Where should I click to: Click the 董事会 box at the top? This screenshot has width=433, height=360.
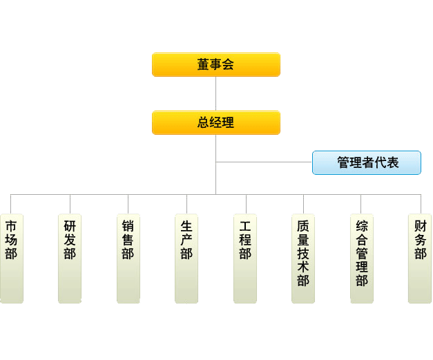click(215, 64)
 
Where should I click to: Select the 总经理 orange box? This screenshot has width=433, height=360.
click(215, 122)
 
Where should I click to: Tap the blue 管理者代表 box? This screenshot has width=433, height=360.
click(366, 162)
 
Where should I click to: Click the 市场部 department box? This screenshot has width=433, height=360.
click(11, 258)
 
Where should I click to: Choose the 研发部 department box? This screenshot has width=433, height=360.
click(70, 258)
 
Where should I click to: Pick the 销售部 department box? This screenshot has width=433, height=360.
click(128, 258)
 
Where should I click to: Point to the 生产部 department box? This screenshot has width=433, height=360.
click(186, 258)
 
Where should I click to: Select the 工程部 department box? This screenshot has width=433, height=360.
click(245, 258)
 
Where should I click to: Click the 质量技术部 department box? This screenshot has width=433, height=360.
click(303, 258)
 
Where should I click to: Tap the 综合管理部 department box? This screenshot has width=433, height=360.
click(362, 258)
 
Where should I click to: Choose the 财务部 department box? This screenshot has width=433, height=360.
click(420, 258)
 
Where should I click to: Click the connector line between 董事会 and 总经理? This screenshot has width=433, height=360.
click(215, 93)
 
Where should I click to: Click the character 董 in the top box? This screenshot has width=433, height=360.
click(203, 65)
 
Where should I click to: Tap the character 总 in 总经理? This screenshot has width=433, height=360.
click(203, 123)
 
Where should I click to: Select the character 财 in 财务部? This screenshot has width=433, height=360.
click(421, 226)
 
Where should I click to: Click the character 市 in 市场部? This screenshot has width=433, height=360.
click(11, 226)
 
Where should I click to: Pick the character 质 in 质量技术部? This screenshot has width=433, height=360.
click(303, 226)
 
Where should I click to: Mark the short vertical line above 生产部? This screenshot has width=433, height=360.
click(186, 204)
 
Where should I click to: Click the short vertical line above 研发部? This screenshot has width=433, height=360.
click(70, 204)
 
